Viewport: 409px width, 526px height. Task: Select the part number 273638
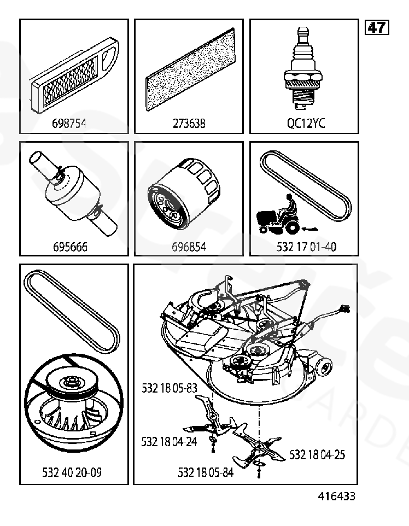click(189, 124)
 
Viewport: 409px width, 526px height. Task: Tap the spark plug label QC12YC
click(306, 124)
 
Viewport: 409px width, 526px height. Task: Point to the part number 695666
click(70, 247)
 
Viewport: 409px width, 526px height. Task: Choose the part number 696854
click(189, 247)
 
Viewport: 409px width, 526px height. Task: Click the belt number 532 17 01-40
click(307, 247)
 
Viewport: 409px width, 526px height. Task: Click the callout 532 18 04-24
click(169, 441)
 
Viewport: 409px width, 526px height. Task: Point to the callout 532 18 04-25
click(317, 454)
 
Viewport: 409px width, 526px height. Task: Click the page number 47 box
click(377, 27)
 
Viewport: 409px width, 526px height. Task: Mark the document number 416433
click(337, 496)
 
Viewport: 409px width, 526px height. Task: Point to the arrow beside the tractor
click(309, 225)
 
